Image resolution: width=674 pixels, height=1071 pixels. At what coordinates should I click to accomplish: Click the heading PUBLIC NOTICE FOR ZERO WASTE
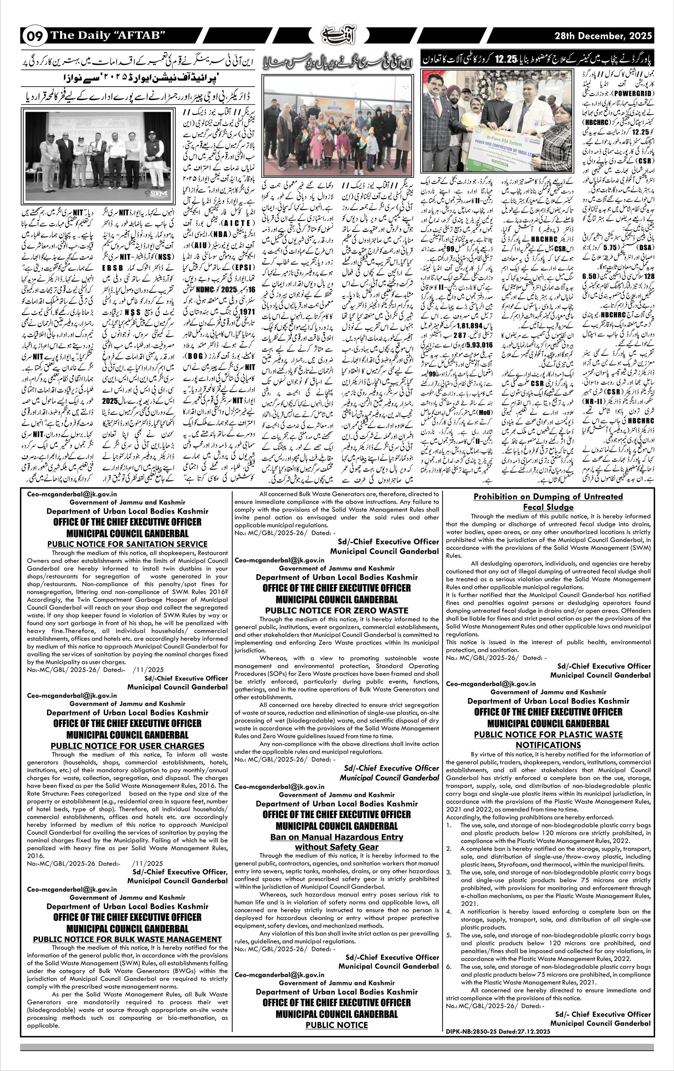[336, 610]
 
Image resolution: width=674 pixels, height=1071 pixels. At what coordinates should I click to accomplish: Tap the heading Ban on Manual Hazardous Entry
[336, 837]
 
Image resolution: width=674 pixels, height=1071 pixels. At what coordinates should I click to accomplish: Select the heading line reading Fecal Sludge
[548, 507]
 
